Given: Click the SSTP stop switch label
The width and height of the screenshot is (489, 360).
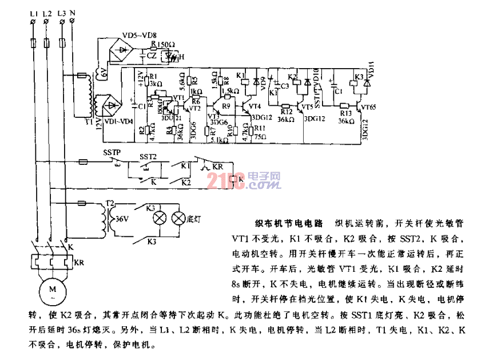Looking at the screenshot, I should coord(112,154).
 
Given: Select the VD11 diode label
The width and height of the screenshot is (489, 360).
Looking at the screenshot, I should coord(371,72).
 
